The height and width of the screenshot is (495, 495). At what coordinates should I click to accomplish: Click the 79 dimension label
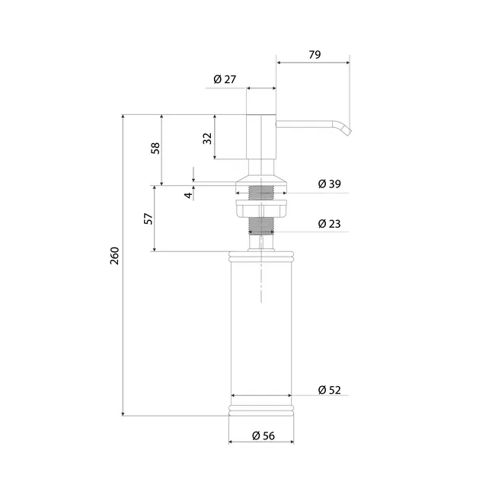(315, 55)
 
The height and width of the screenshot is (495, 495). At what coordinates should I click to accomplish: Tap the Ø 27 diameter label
(225, 79)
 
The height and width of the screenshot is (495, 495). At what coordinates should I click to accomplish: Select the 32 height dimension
(207, 139)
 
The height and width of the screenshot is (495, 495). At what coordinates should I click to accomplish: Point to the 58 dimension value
(155, 148)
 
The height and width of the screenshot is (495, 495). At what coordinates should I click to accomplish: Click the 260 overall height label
(114, 256)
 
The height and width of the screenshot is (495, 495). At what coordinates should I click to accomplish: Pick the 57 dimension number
(148, 219)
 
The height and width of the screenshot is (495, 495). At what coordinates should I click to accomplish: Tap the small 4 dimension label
(188, 196)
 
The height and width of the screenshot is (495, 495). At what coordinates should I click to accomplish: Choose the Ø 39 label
(330, 184)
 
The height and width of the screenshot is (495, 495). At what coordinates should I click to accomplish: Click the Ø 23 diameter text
(330, 224)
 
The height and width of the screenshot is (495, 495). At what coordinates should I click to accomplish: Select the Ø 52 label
(330, 390)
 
